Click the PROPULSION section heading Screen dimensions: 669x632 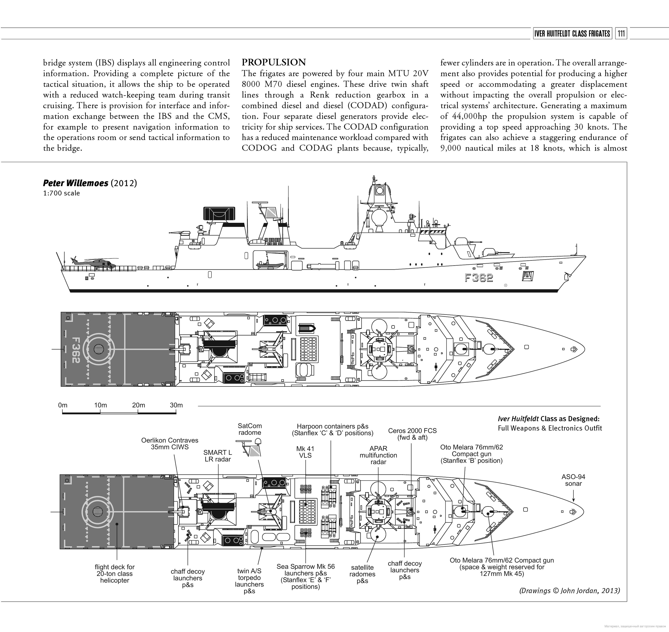[x=274, y=62]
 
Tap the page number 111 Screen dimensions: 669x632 [x=621, y=34]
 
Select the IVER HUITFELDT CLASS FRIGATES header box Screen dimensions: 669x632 [x=572, y=34]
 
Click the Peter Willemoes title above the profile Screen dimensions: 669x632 [x=75, y=183]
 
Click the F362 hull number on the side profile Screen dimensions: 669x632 [x=479, y=278]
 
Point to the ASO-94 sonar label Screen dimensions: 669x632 [x=573, y=480]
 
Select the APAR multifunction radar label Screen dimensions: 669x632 [x=378, y=455]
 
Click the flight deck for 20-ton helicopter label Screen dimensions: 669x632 [x=115, y=574]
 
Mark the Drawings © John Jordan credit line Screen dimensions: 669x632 [x=569, y=591]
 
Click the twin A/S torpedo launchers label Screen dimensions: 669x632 [x=249, y=581]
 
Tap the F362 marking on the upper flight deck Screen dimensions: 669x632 [x=75, y=350]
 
